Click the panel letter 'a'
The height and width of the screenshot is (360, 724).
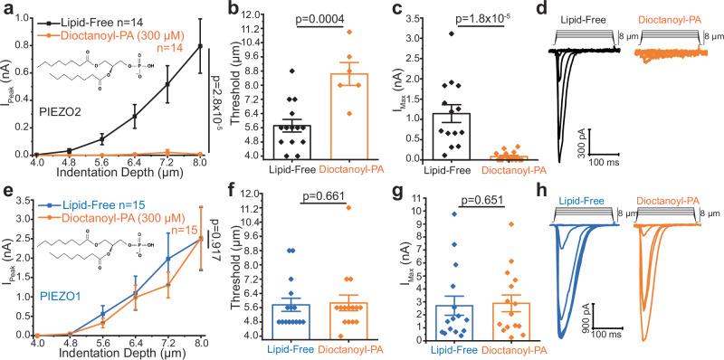point(7,8)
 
